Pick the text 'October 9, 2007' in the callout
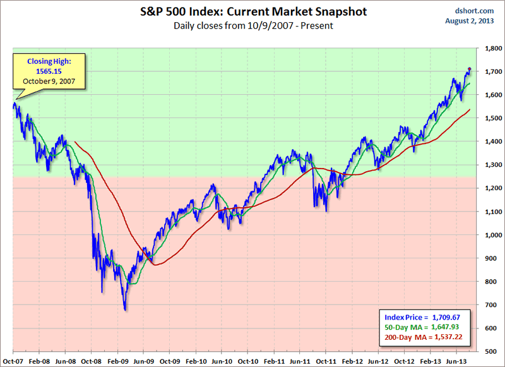44,81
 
